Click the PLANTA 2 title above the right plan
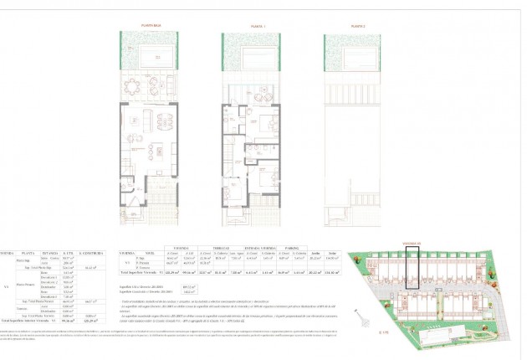347,26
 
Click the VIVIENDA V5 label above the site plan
412,244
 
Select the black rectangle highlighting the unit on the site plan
412,268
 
